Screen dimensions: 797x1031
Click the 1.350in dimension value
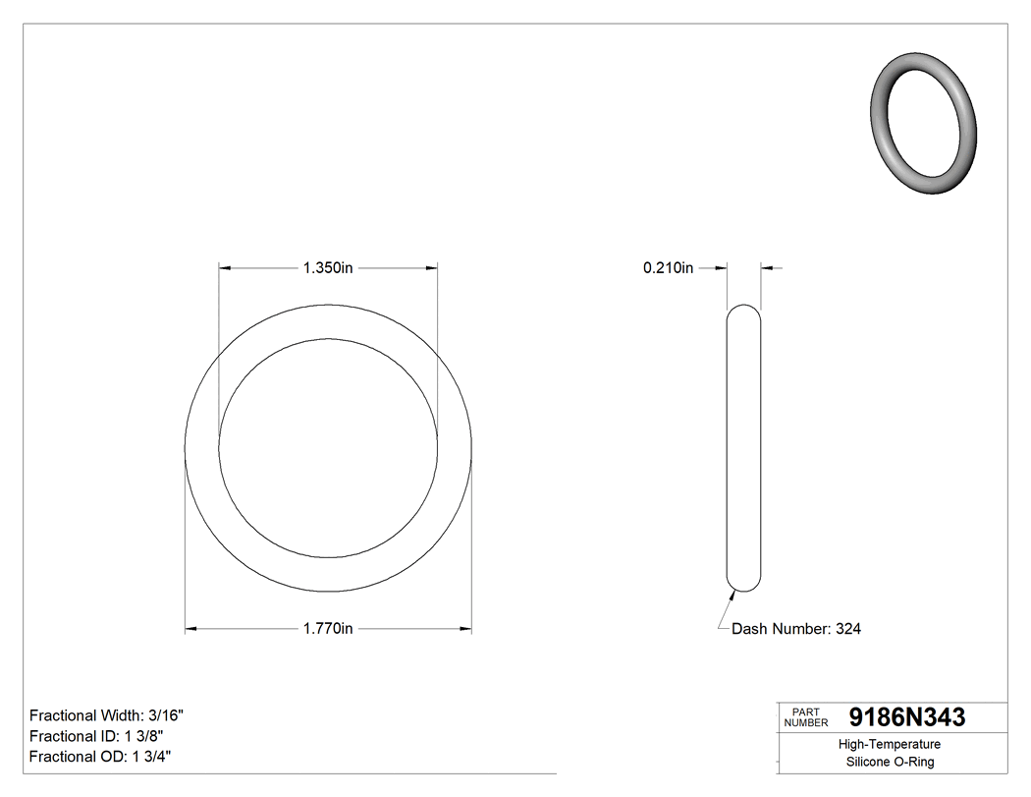pyautogui.click(x=328, y=267)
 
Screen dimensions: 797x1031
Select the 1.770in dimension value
pyautogui.click(x=328, y=629)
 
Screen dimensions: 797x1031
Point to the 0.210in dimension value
pyautogui.click(x=668, y=267)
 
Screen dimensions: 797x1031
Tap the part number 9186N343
pyautogui.click(x=906, y=717)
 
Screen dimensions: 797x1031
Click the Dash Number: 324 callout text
pyautogui.click(x=796, y=629)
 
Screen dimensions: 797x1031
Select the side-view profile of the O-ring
pyautogui.click(x=743, y=448)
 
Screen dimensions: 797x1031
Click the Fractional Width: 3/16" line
pyautogui.click(x=107, y=715)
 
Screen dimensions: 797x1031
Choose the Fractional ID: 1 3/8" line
pyautogui.click(x=96, y=736)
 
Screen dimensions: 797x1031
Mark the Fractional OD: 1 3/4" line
pyautogui.click(x=101, y=757)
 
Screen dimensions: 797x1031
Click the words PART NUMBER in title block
pyautogui.click(x=805, y=718)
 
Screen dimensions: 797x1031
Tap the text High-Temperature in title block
pyautogui.click(x=890, y=745)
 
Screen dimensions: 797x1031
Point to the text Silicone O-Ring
pyautogui.click(x=890, y=763)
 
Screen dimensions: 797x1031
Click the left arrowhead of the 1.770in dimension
pyautogui.click(x=191, y=629)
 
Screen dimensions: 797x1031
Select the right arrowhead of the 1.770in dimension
pyautogui.click(x=466, y=629)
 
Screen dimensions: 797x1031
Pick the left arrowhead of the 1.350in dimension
pyautogui.click(x=225, y=267)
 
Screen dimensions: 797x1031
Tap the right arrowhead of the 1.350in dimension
pyautogui.click(x=432, y=267)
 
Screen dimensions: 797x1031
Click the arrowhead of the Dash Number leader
pyautogui.click(x=733, y=592)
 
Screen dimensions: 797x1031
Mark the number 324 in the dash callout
pyautogui.click(x=848, y=629)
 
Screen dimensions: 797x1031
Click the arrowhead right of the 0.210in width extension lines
pyautogui.click(x=767, y=267)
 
